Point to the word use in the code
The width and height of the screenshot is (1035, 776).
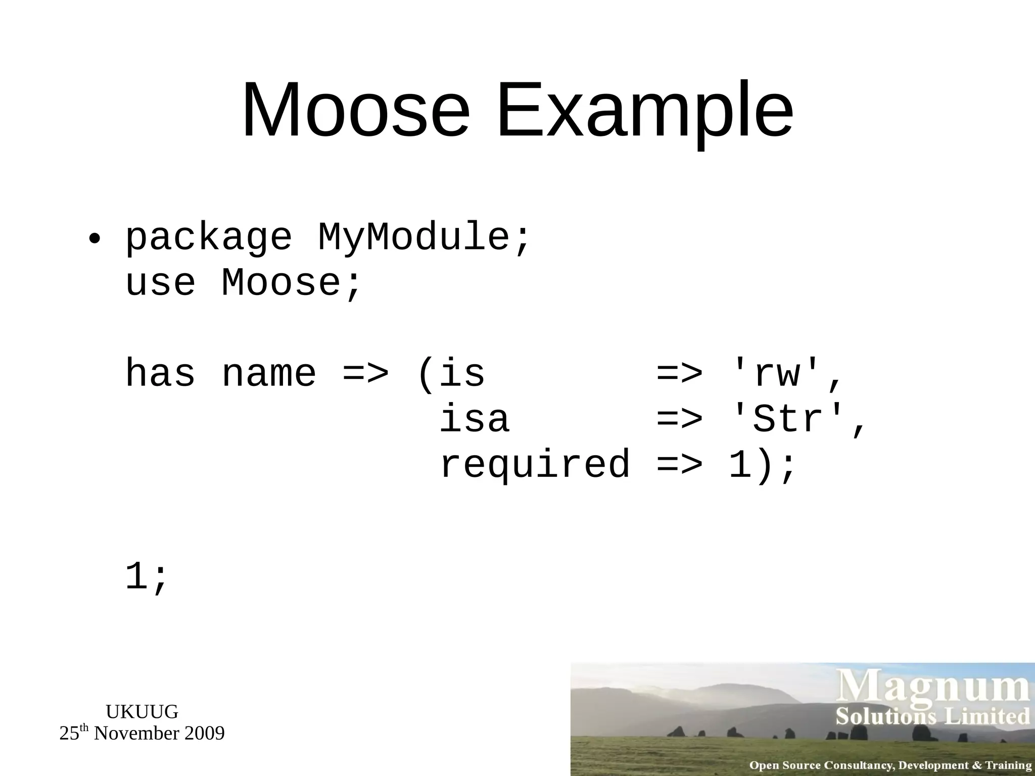coord(160,283)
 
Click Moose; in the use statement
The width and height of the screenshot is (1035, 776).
coord(291,283)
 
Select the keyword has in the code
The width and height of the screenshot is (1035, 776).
coord(160,374)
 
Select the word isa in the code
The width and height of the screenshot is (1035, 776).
coord(474,419)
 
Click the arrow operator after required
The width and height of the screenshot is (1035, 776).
coord(679,465)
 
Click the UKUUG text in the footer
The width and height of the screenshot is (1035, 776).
coord(142,712)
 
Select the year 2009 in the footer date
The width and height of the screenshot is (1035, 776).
coord(204,734)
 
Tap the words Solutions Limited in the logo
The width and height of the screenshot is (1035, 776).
coord(933,716)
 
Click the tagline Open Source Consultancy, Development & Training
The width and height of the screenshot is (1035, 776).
coord(890,765)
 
